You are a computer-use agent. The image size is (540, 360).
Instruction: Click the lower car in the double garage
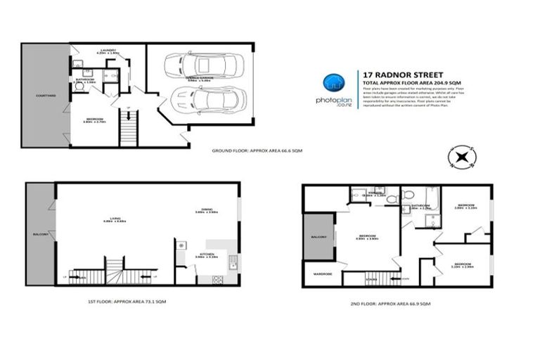tap(210, 100)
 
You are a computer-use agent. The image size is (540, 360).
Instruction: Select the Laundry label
tap(107, 50)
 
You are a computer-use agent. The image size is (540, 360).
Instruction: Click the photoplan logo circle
tap(333, 84)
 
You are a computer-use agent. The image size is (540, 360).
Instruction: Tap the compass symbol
tap(461, 157)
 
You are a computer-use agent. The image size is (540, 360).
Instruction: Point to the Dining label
tap(209, 209)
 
